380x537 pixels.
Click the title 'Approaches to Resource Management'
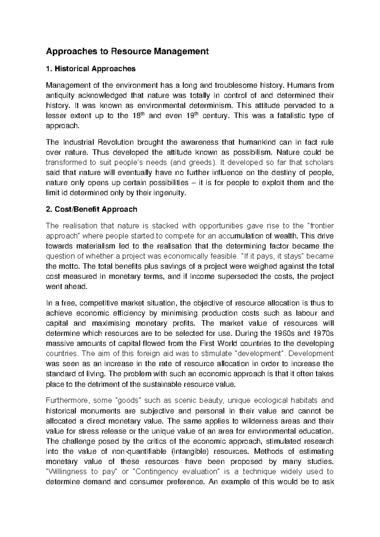(128, 52)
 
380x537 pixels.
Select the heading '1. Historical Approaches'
(91, 68)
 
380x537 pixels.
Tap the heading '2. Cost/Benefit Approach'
(92, 209)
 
